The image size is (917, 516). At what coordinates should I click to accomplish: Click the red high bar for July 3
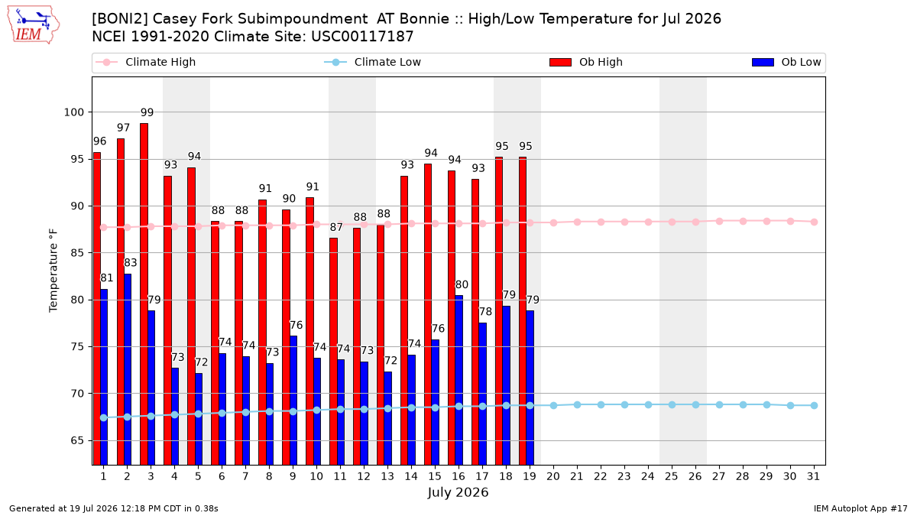(x=144, y=294)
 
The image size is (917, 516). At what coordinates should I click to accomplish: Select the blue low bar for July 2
(x=128, y=369)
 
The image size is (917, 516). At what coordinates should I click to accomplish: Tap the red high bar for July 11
(x=334, y=352)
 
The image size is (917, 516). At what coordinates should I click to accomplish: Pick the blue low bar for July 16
(x=459, y=380)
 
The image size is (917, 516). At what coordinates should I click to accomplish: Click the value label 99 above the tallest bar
(x=147, y=112)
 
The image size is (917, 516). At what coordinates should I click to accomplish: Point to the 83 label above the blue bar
(x=131, y=262)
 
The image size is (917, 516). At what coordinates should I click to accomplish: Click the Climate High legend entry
(x=146, y=62)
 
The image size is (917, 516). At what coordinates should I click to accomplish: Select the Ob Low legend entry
(x=786, y=62)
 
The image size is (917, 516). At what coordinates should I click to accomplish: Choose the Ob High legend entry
(x=586, y=62)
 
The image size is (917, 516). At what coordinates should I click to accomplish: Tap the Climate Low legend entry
(x=373, y=62)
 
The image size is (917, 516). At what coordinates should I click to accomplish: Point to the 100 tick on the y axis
(x=73, y=112)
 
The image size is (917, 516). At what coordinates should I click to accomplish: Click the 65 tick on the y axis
(x=77, y=440)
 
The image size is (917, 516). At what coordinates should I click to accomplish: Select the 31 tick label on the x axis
(x=813, y=476)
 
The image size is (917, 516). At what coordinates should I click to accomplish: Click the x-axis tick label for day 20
(x=553, y=476)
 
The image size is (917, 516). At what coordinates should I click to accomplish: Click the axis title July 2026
(x=458, y=492)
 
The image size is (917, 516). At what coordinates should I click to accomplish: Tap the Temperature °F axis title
(x=53, y=271)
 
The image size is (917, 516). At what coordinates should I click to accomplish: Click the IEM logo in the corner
(x=34, y=25)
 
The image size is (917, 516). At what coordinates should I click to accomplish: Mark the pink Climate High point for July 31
(x=814, y=222)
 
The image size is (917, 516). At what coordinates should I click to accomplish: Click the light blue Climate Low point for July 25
(x=672, y=404)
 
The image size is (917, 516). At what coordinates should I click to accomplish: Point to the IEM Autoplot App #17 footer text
(x=860, y=508)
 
